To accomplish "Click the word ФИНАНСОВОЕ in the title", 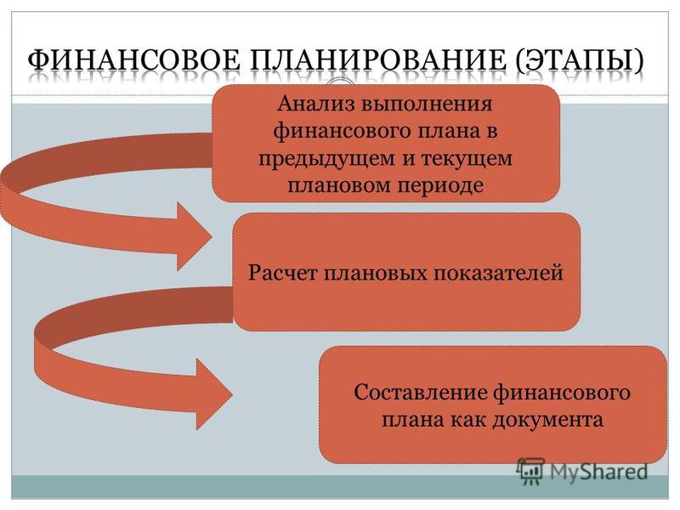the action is point(134,59).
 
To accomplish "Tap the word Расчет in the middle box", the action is point(283,273).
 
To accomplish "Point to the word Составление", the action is point(420,393).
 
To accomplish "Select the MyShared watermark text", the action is point(599,472).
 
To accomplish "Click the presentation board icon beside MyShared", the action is point(530,470).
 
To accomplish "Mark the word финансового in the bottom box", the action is point(562,393).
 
